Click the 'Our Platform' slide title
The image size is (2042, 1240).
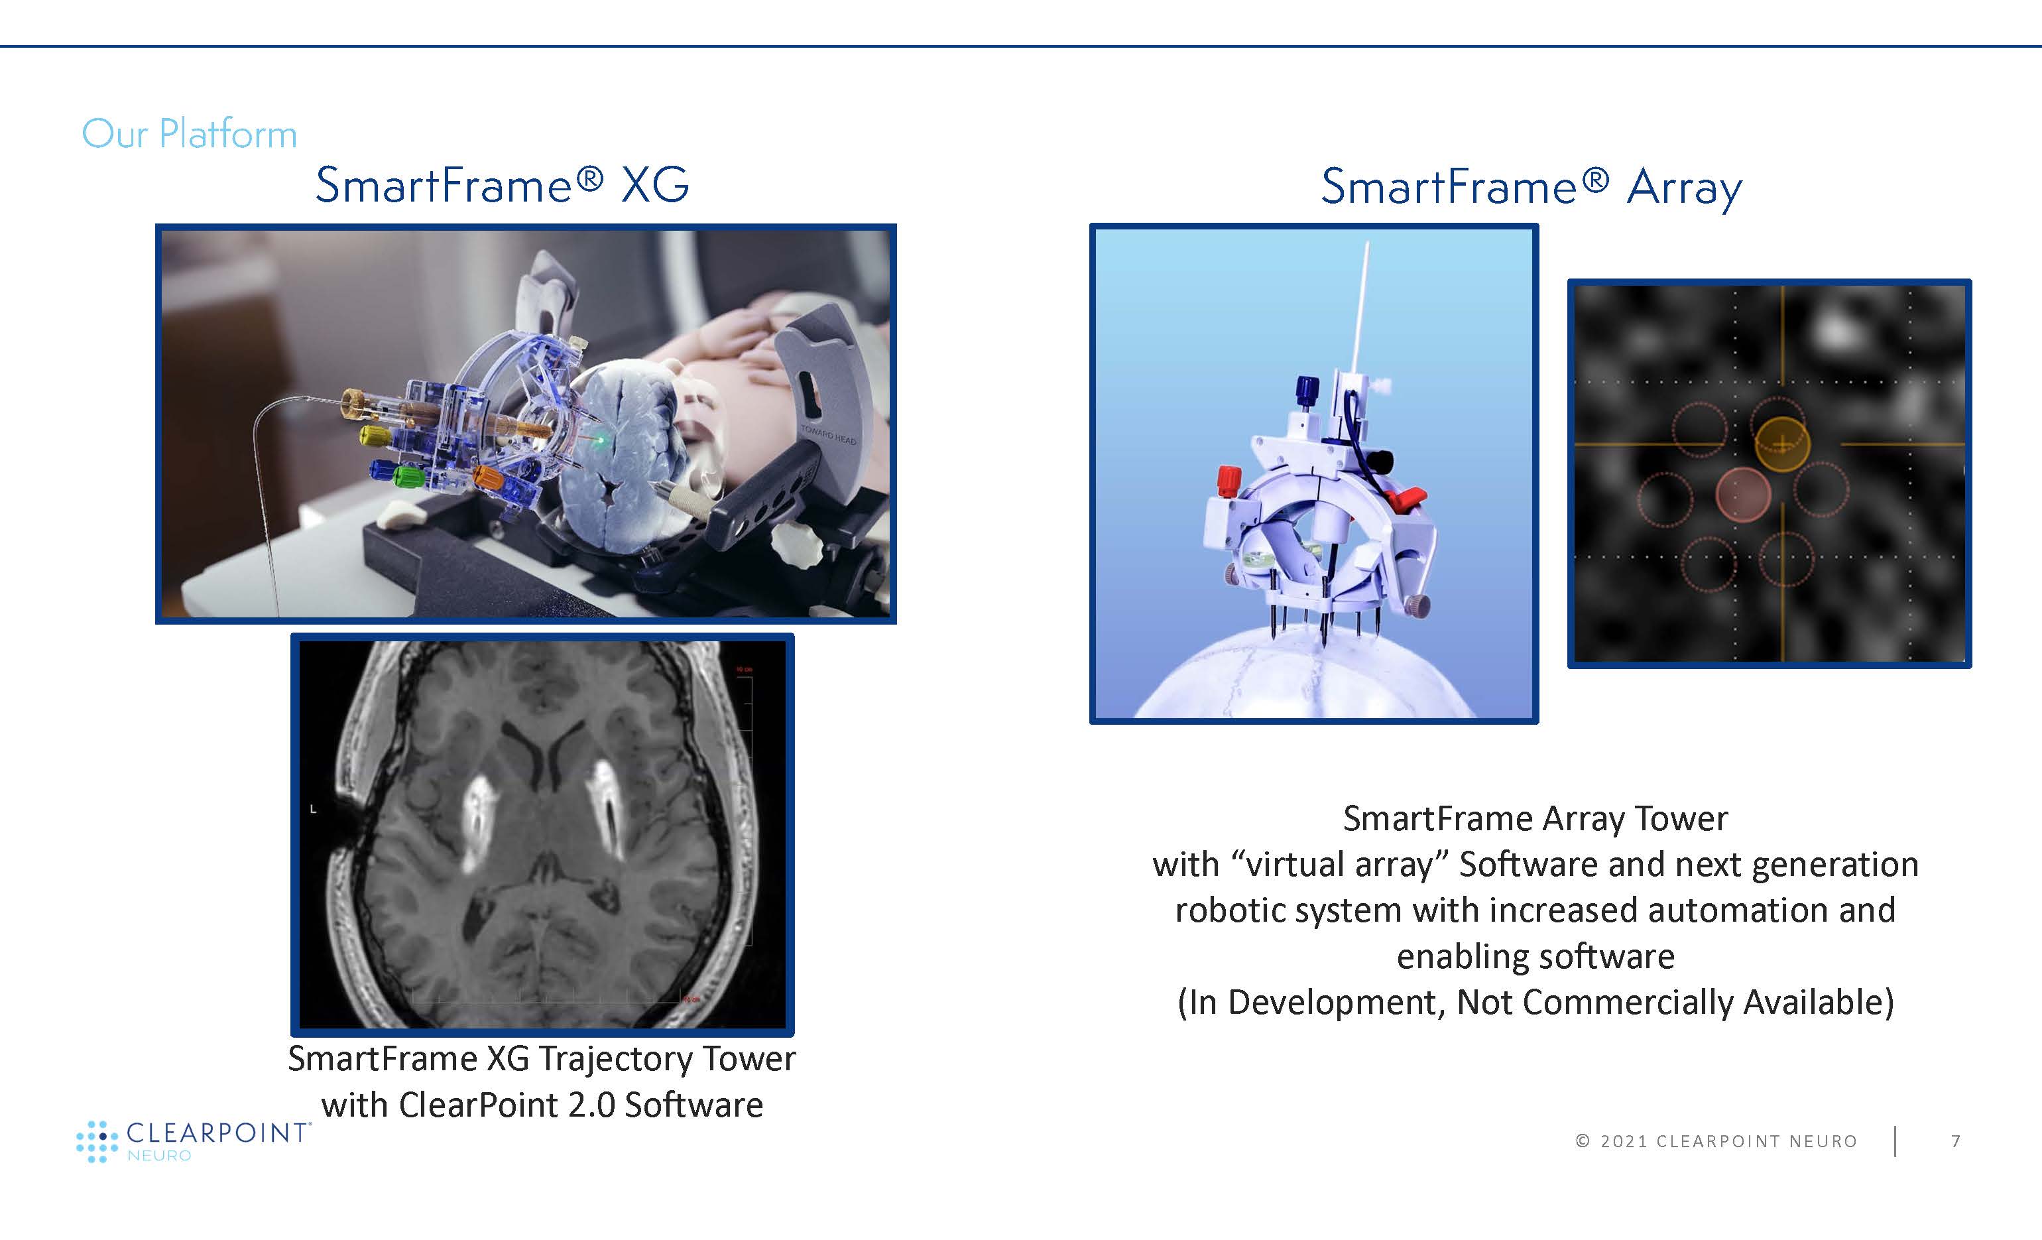tap(189, 134)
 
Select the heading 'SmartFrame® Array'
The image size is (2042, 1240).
tap(1531, 187)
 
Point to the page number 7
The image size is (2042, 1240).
tap(1956, 1141)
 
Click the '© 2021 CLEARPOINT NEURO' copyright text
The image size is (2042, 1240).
tap(1716, 1141)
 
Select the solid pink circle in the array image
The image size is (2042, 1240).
tap(1743, 495)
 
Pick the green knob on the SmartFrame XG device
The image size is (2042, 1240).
tap(408, 476)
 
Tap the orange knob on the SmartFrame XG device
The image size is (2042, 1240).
tap(488, 479)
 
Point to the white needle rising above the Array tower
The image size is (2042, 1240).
tap(1360, 306)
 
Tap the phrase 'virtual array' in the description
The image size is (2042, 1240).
tap(1339, 865)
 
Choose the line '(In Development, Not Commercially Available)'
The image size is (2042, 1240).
tap(1535, 1003)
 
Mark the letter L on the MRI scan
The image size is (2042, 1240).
tap(313, 809)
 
